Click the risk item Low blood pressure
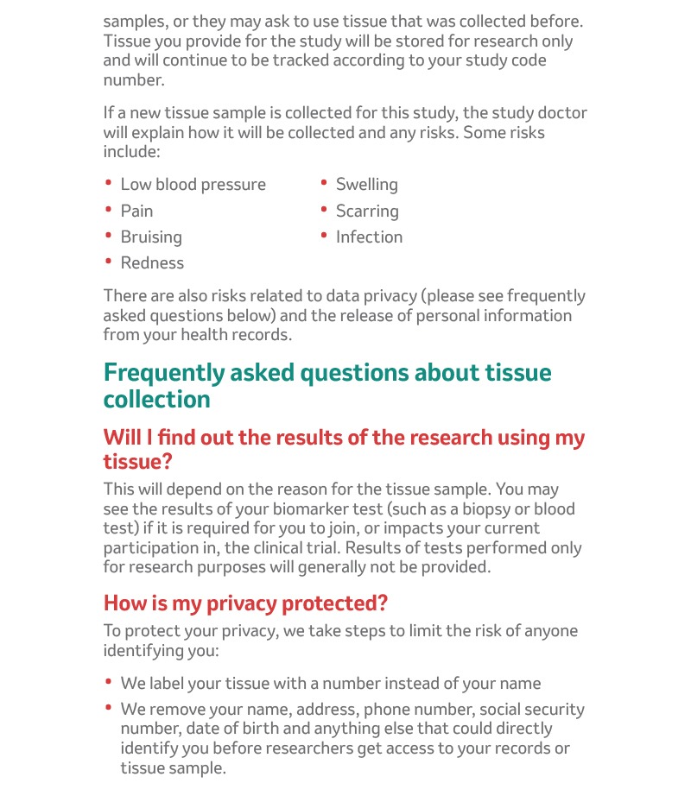[193, 185]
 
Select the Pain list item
[136, 211]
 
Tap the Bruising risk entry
[151, 237]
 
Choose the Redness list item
[152, 262]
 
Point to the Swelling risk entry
[366, 185]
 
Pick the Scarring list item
[367, 211]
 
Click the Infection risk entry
[369, 237]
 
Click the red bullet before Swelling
[324, 182]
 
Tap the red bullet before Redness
[109, 260]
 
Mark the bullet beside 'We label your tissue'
[109, 681]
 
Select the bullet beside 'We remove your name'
[109, 707]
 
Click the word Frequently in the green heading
[163, 373]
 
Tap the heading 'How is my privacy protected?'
[245, 602]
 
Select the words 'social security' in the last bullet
[532, 710]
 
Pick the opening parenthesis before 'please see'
[424, 296]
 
